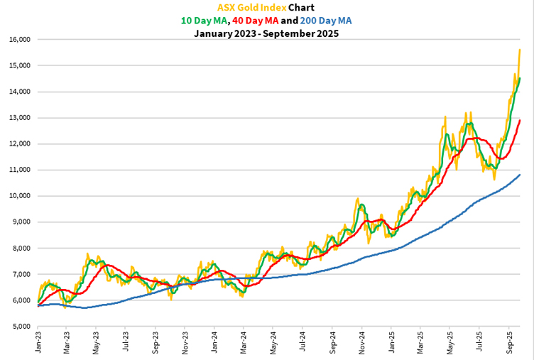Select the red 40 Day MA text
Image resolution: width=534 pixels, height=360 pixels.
[263, 21]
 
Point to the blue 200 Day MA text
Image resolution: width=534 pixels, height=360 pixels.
[325, 21]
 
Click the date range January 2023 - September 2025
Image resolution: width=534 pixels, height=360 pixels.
[266, 33]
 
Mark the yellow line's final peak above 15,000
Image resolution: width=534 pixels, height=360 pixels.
[521, 50]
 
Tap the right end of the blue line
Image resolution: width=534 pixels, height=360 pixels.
[521, 175]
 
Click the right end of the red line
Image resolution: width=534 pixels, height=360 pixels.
[521, 120]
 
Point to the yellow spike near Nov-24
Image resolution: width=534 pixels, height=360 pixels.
[358, 200]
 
